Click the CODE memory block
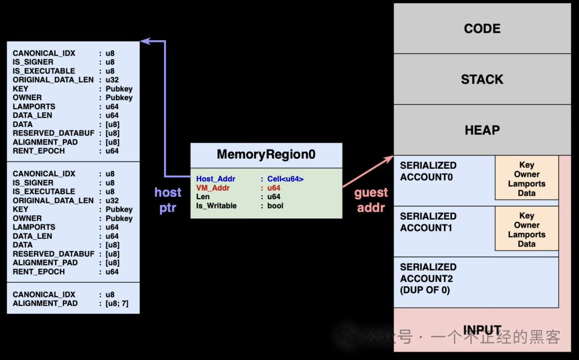482,28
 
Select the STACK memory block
482,79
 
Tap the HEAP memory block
482,130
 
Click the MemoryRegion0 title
266,155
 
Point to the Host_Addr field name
216,179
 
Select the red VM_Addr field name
213,188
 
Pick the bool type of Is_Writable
275,206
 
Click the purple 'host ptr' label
168,200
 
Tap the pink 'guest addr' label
371,200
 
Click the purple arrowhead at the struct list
144,41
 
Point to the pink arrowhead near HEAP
389,159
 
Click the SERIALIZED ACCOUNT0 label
428,171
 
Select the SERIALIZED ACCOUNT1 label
428,222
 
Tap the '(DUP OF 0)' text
425,290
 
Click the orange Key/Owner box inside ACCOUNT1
526,229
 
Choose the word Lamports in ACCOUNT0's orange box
526,184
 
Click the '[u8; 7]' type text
116,303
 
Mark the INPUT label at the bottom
482,330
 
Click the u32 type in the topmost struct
112,80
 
